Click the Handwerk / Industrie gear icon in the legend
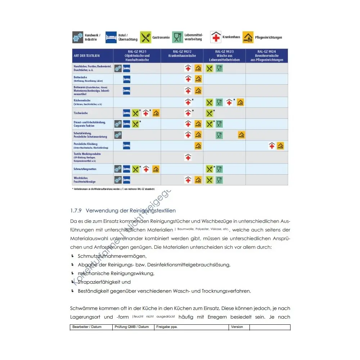pos(78,37)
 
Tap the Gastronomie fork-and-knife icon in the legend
pos(145,37)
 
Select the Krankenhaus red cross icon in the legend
pos(216,37)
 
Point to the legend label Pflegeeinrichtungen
pos(269,37)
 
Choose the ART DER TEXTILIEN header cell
pos(87,56)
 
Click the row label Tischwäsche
pos(81,113)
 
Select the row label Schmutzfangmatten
pos(85,169)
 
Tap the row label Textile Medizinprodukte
pos(87,154)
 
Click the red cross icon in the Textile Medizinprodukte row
pos(188,157)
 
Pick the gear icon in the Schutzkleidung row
pos(118,135)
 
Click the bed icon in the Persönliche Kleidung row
pos(127,146)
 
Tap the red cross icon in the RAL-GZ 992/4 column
pos(272,146)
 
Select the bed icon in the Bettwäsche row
pos(127,79)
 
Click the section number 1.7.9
pos(76,211)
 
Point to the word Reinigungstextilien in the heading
pos(154,211)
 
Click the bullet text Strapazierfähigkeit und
pos(104,282)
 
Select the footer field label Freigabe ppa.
pos(167,327)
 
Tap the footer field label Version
pos(237,327)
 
